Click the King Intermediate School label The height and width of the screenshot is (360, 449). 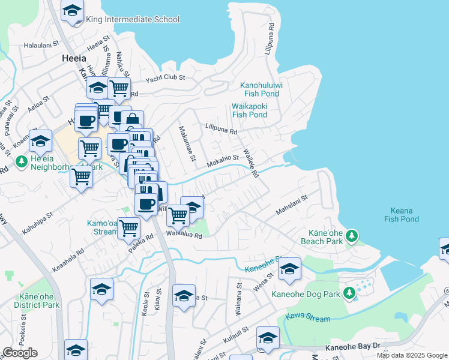pyautogui.click(x=133, y=19)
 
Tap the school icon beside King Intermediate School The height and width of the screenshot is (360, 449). pyautogui.click(x=73, y=11)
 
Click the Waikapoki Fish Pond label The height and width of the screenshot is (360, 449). pyautogui.click(x=249, y=110)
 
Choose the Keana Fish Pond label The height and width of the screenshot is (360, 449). pyautogui.click(x=401, y=215)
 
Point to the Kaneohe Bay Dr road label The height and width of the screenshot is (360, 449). pyautogui.click(x=353, y=347)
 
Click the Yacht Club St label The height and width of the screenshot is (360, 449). pyautogui.click(x=166, y=77)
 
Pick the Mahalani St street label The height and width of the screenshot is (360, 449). pyautogui.click(x=291, y=205)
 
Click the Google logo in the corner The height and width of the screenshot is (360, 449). pyautogui.click(x=20, y=353)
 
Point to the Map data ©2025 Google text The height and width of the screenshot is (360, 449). pyautogui.click(x=411, y=355)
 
